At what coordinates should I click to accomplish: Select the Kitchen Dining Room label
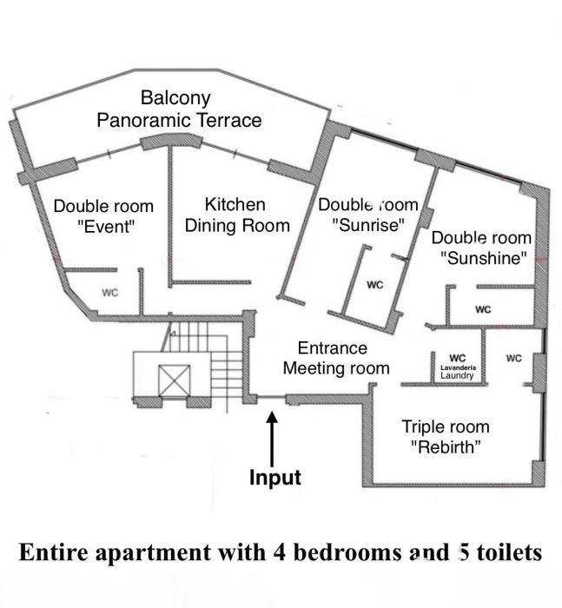(x=235, y=215)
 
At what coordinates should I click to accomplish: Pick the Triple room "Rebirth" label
(x=445, y=436)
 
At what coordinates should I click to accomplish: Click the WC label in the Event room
(x=110, y=293)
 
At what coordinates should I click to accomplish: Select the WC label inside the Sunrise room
(x=375, y=284)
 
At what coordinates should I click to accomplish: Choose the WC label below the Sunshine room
(x=483, y=309)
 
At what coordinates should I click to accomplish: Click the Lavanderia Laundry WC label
(x=457, y=366)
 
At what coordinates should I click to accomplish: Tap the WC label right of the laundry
(x=513, y=358)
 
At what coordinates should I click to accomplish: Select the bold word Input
(x=274, y=478)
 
